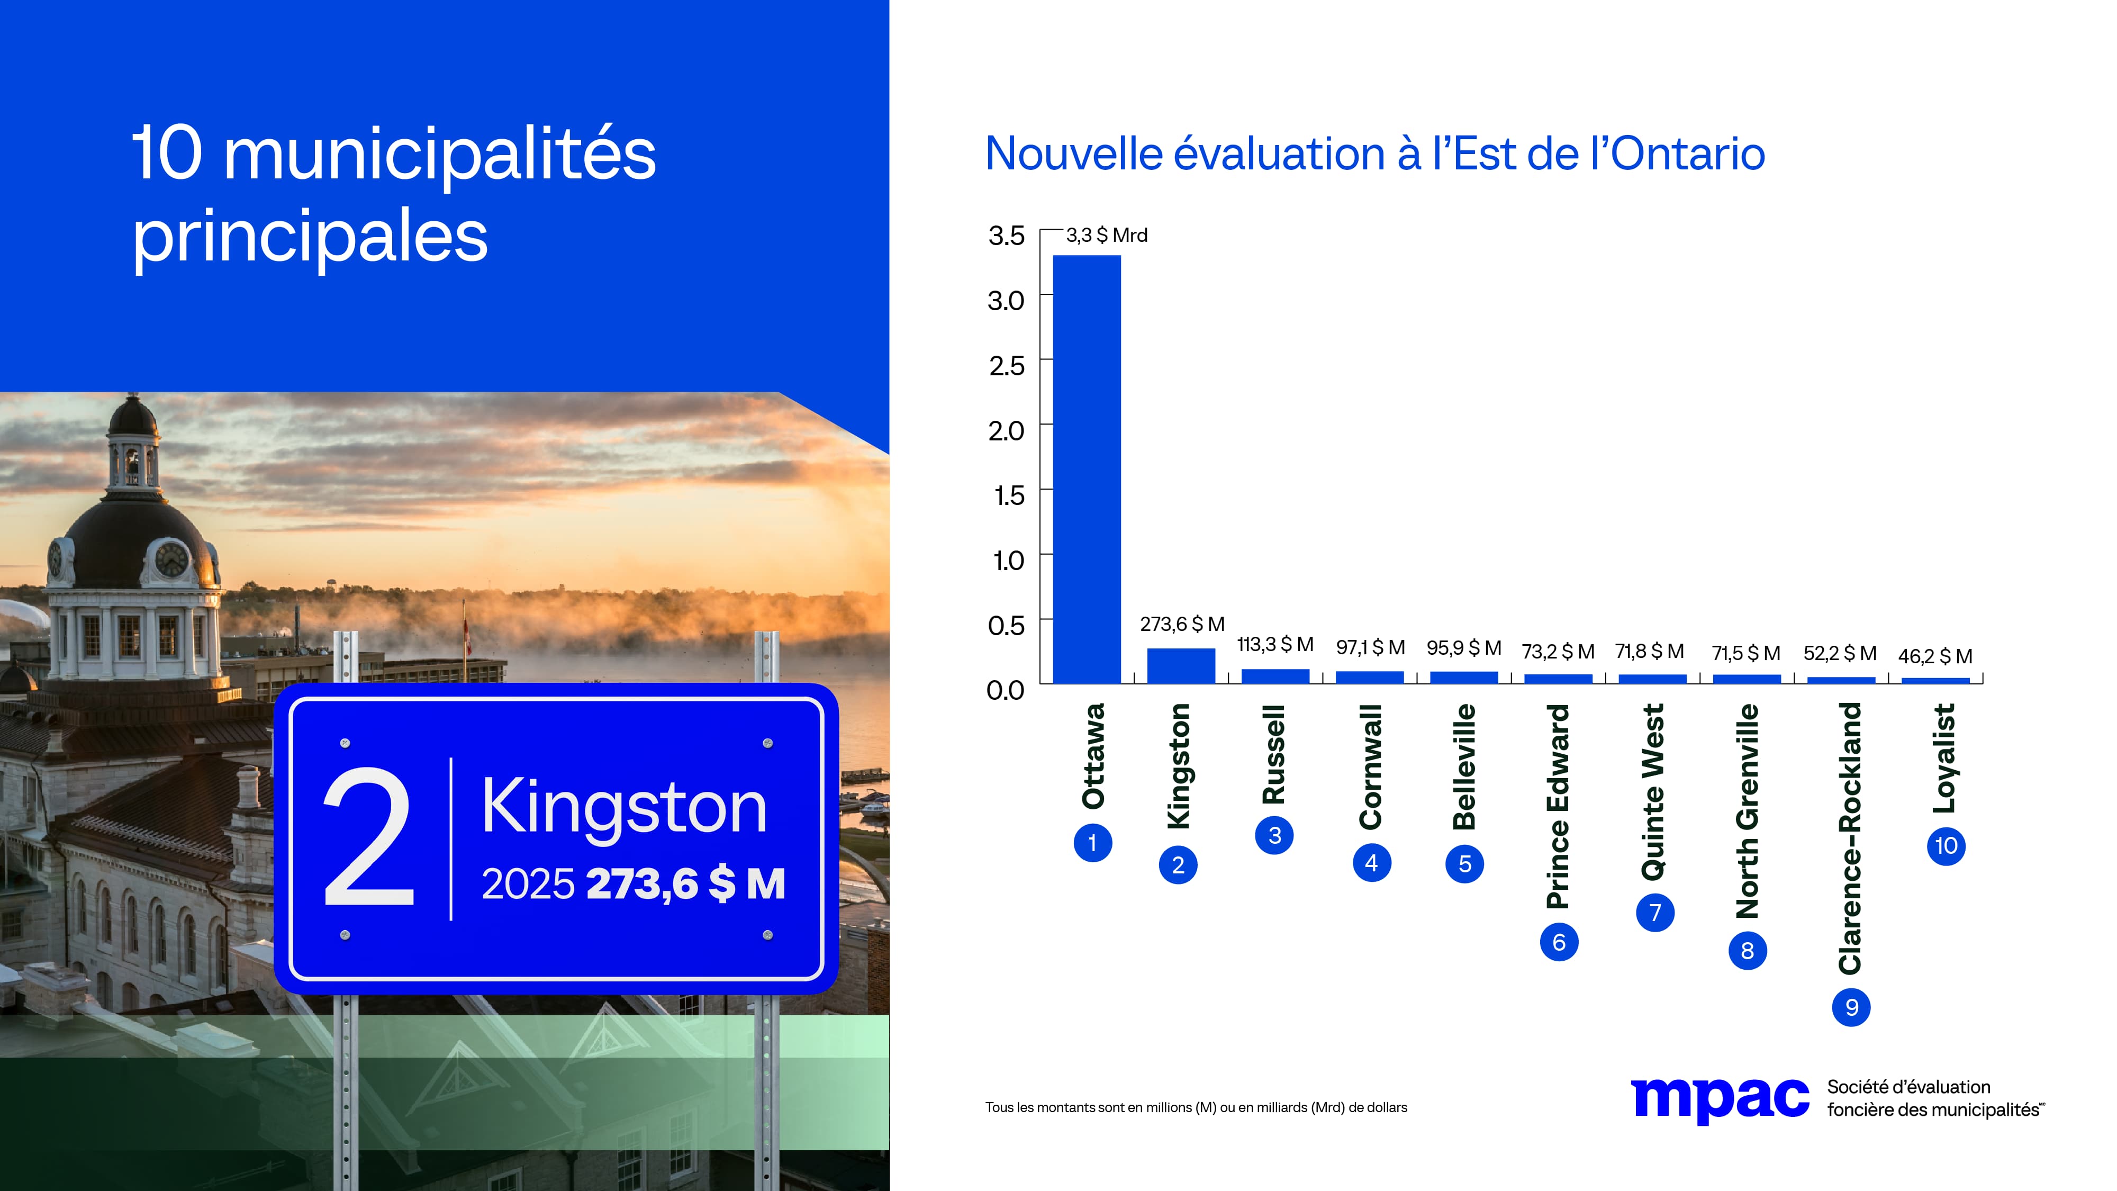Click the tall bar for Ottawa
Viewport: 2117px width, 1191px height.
coord(1087,468)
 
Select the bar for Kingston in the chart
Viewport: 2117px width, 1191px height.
coord(1181,666)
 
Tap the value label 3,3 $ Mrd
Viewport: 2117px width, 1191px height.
coord(1106,235)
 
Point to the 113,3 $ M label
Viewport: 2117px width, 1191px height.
coord(1274,644)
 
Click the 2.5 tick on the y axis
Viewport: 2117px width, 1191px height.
coord(1006,366)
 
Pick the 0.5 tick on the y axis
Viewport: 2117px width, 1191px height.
coord(1006,626)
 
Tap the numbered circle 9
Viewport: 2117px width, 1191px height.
coord(1851,1007)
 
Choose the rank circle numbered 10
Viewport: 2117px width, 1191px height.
coord(1945,846)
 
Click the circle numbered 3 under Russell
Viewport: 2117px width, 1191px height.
coord(1274,835)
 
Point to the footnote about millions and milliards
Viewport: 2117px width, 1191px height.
coord(1196,1107)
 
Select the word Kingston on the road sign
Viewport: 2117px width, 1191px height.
coord(624,808)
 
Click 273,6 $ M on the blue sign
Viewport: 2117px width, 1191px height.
coord(685,885)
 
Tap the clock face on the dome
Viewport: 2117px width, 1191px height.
coord(171,559)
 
